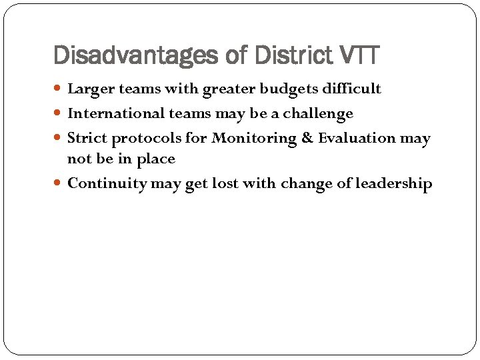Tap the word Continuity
pyautogui.click(x=107, y=184)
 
